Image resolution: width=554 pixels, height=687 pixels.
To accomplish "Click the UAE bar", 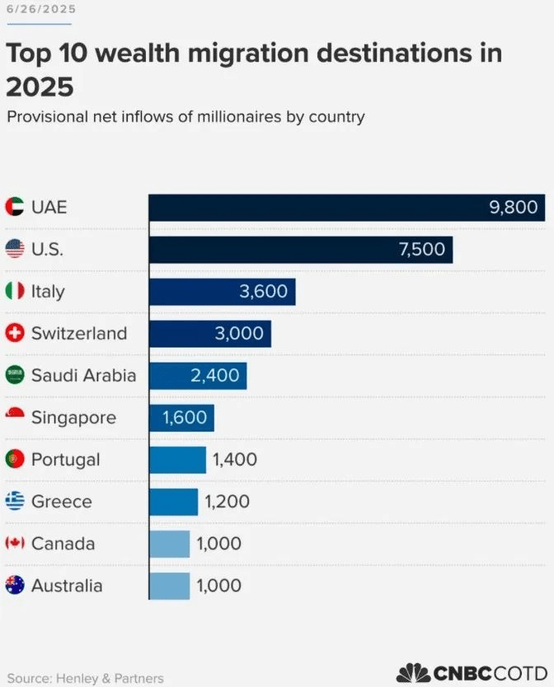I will click(x=346, y=208).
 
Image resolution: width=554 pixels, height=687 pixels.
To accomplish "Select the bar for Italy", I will click(x=222, y=292).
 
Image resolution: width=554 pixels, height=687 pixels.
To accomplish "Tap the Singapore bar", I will click(x=181, y=418).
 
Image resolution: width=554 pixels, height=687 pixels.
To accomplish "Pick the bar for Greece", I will click(x=173, y=502).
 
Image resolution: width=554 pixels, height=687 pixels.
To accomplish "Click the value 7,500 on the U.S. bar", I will click(x=421, y=250).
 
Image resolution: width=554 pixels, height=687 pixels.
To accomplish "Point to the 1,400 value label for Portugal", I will click(x=235, y=460).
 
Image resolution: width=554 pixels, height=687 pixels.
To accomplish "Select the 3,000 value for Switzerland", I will click(x=239, y=334).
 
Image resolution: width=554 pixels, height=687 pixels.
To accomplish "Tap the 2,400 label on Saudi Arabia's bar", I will click(x=214, y=376).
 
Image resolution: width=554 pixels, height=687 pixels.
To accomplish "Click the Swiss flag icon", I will click(x=15, y=334).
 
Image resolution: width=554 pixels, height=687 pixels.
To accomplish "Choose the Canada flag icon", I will click(x=15, y=544).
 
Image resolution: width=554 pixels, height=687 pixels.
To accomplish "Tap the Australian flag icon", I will click(x=15, y=586).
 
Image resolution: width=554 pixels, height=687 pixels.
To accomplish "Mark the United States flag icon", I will click(x=15, y=250).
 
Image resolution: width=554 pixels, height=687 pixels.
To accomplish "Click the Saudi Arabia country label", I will click(x=83, y=376).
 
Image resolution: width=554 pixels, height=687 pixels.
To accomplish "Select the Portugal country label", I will click(x=65, y=460).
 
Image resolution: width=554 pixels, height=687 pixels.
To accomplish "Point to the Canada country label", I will click(x=63, y=544).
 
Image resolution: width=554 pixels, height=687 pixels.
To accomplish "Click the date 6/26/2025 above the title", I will click(x=41, y=9).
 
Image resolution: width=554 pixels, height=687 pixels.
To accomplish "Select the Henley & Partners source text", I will click(x=109, y=678).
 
